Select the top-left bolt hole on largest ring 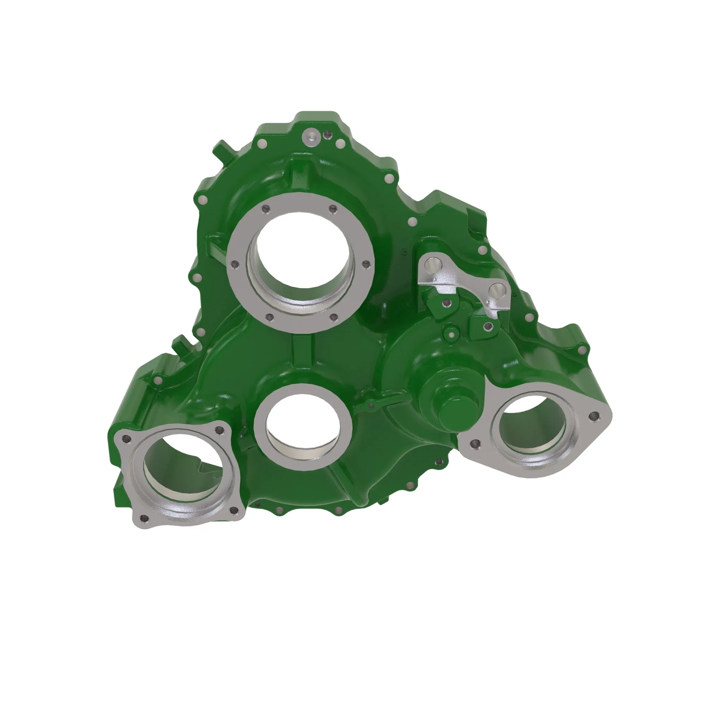tap(266, 209)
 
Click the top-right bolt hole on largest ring tap(333, 209)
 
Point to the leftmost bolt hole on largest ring tap(234, 263)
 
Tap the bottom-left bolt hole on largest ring tap(269, 318)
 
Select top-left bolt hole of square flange tap(127, 438)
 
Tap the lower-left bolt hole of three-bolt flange tap(475, 444)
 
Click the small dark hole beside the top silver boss tap(328, 136)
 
